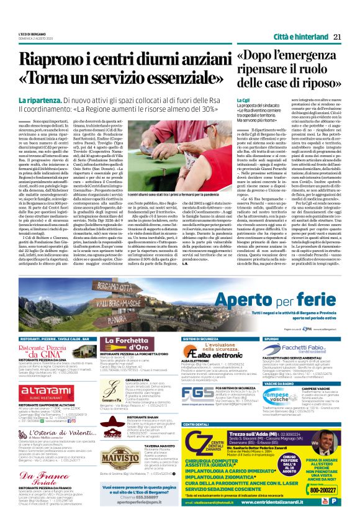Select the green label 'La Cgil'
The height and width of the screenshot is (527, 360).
[x=243, y=100]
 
